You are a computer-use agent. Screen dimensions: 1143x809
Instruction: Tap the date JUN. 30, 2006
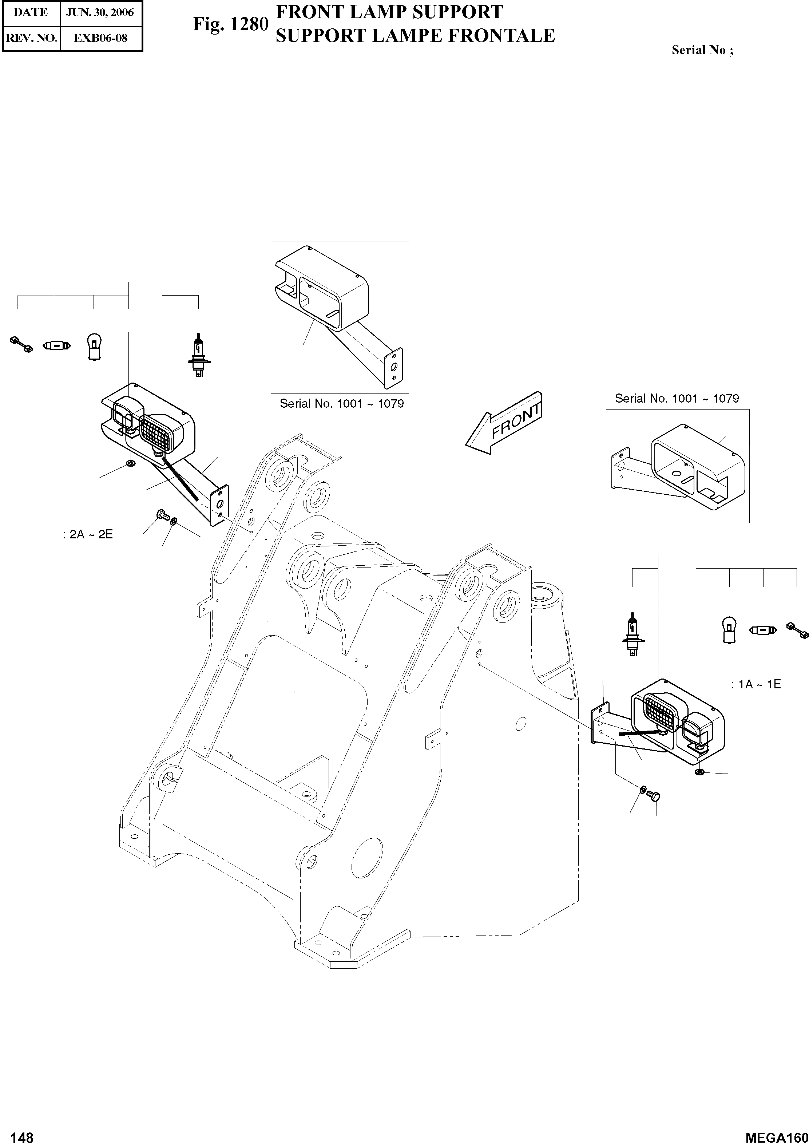(100, 12)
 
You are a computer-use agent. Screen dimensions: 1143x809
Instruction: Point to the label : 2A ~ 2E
(88, 535)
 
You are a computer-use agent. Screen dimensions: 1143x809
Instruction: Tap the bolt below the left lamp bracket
(162, 515)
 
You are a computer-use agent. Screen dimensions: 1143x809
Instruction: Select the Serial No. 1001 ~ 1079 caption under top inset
(342, 404)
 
